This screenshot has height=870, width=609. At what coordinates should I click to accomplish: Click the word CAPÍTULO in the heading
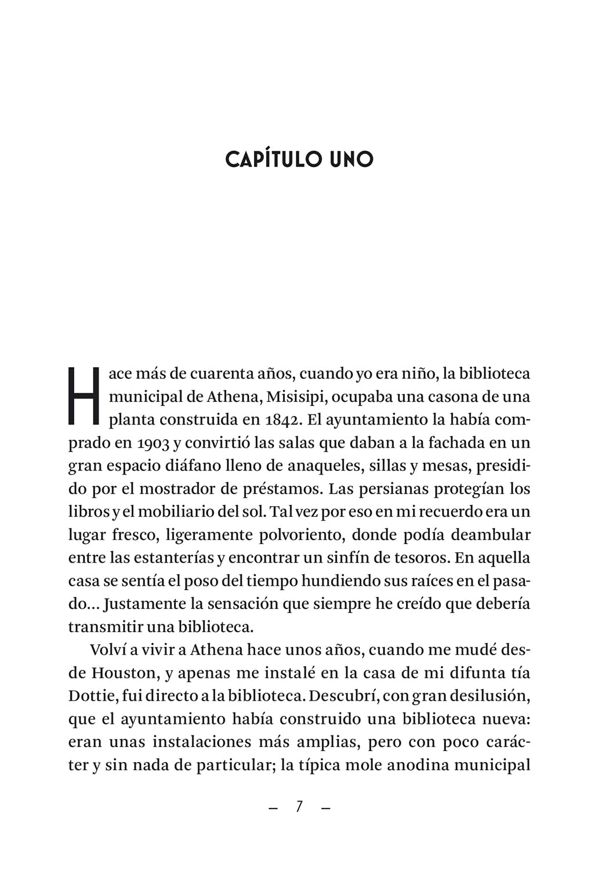point(273,159)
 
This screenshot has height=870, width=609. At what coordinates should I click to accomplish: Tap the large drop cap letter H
point(85,395)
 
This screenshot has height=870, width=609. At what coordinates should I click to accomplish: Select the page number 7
point(299,807)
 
